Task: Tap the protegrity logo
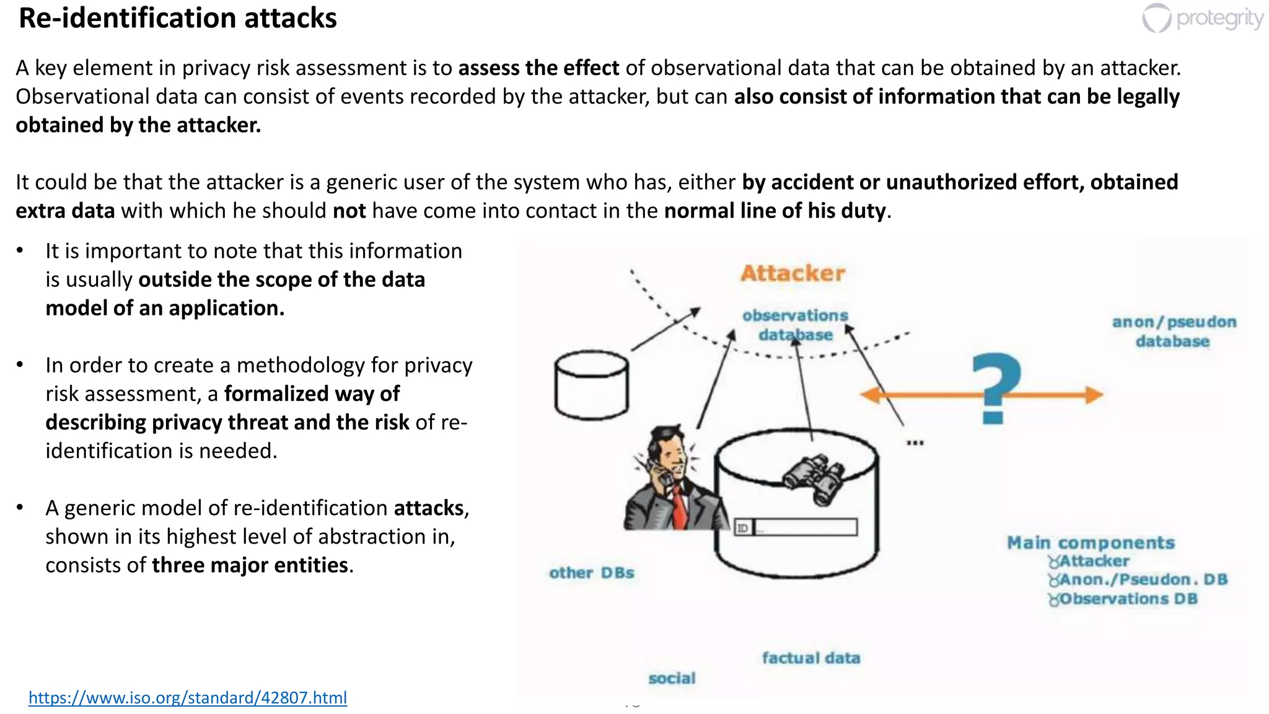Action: pyautogui.click(x=1202, y=18)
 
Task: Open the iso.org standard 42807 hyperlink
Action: pyautogui.click(x=187, y=697)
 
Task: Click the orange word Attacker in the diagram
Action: pyautogui.click(x=793, y=273)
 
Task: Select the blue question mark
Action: pyautogui.click(x=995, y=387)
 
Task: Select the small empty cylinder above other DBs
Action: pyautogui.click(x=591, y=386)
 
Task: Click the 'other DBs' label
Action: pyautogui.click(x=591, y=573)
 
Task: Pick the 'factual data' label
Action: pyautogui.click(x=810, y=658)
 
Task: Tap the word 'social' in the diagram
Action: pyautogui.click(x=672, y=678)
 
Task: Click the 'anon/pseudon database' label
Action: pyautogui.click(x=1173, y=332)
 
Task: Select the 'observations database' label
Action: pyautogui.click(x=795, y=325)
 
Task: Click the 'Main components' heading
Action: pyautogui.click(x=1091, y=543)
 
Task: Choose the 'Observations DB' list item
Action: pyautogui.click(x=1128, y=599)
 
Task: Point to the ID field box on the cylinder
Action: pyautogui.click(x=796, y=527)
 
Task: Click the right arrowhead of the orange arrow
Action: pyautogui.click(x=1094, y=395)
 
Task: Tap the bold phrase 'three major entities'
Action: pyautogui.click(x=250, y=565)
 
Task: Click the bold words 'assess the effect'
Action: pyautogui.click(x=538, y=68)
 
